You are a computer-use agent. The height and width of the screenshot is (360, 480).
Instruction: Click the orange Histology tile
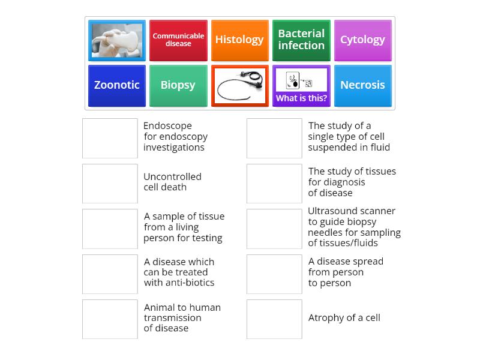pyautogui.click(x=239, y=40)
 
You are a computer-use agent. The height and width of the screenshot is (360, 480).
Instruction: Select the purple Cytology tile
pyautogui.click(x=362, y=40)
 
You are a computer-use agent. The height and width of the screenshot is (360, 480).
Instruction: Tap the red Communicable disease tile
pyautogui.click(x=178, y=40)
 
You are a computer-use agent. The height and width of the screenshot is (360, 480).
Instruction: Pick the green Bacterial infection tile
pyautogui.click(x=301, y=40)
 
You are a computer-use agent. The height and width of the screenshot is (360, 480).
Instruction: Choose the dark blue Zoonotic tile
pyautogui.click(x=117, y=85)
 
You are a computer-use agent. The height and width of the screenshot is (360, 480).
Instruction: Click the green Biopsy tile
pyautogui.click(x=178, y=85)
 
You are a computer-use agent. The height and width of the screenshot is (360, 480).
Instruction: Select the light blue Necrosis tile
pyautogui.click(x=362, y=85)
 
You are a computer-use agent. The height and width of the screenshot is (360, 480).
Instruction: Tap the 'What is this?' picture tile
pyautogui.click(x=301, y=85)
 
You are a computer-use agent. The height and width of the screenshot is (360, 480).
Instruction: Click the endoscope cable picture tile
pyautogui.click(x=239, y=85)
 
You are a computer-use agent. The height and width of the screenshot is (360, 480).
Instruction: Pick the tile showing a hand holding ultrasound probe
pyautogui.click(x=117, y=40)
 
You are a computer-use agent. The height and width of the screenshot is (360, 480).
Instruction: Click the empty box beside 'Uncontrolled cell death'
pyautogui.click(x=110, y=184)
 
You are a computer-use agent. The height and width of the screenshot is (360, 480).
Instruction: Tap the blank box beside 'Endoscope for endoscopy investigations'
pyautogui.click(x=110, y=138)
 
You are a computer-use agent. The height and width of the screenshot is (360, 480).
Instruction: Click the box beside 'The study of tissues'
pyautogui.click(x=274, y=184)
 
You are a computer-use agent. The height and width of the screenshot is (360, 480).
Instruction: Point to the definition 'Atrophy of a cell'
pyautogui.click(x=344, y=318)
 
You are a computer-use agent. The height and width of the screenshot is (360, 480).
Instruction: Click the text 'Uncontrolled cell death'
pyautogui.click(x=172, y=182)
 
